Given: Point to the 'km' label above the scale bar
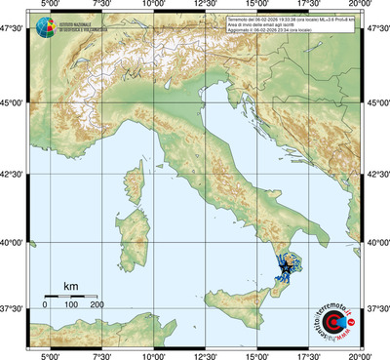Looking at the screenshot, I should [x=70, y=286].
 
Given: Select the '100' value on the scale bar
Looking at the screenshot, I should [x=70, y=305].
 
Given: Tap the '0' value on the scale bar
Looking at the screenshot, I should [x=45, y=305].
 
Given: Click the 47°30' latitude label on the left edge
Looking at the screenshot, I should [x=14, y=30].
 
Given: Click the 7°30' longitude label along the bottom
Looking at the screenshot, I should [x=100, y=354].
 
